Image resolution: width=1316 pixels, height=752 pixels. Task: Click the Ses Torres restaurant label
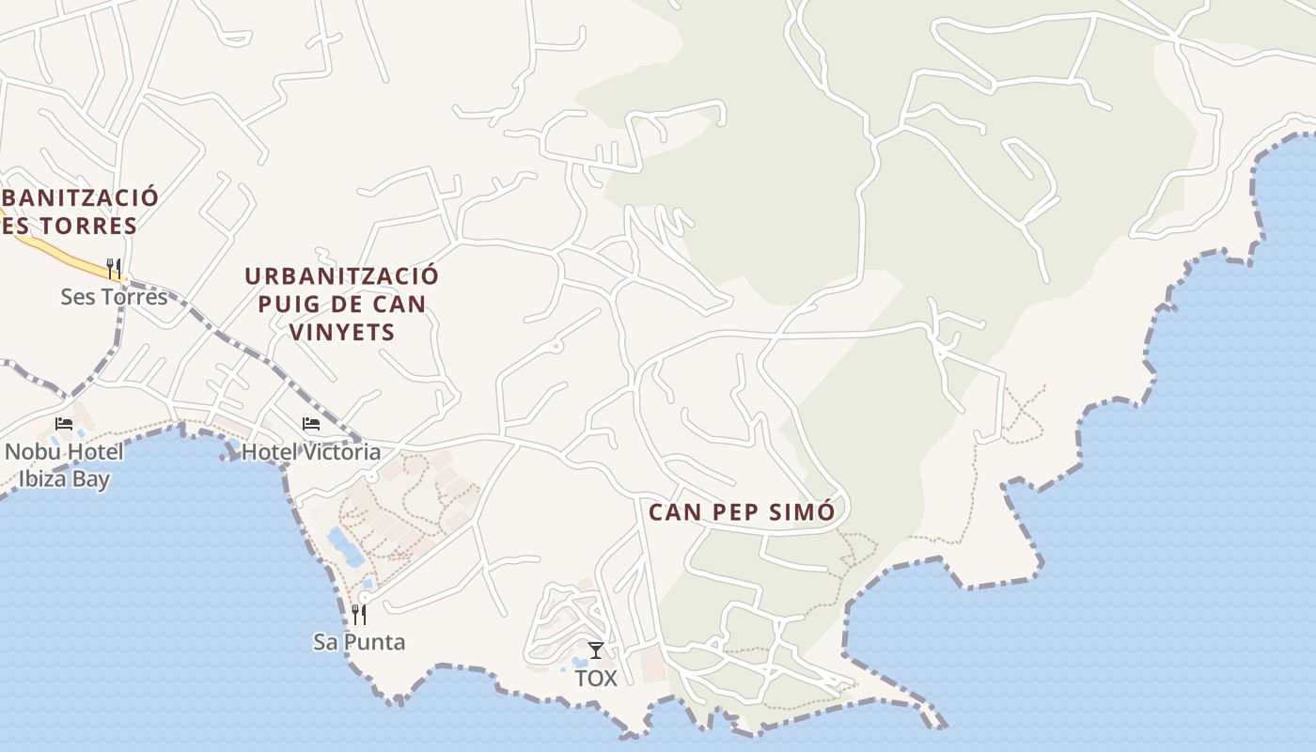[114, 297]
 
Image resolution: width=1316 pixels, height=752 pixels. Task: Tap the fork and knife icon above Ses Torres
[114, 268]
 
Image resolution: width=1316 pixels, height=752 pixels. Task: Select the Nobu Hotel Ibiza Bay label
[64, 465]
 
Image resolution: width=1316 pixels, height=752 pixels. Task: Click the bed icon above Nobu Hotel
[64, 424]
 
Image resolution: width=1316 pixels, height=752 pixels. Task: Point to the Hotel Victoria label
[311, 452]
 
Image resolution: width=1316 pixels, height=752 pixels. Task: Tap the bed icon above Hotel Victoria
[311, 424]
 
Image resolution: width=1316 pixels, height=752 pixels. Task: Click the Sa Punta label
[359, 642]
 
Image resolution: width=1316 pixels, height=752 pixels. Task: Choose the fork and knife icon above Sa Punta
[359, 614]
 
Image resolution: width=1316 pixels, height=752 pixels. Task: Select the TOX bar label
[596, 678]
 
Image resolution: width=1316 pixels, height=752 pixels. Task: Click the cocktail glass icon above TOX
[596, 650]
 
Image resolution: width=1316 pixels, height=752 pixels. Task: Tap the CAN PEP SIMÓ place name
[742, 512]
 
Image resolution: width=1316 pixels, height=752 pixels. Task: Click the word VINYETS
[342, 332]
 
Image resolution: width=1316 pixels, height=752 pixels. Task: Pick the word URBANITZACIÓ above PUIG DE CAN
[342, 276]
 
